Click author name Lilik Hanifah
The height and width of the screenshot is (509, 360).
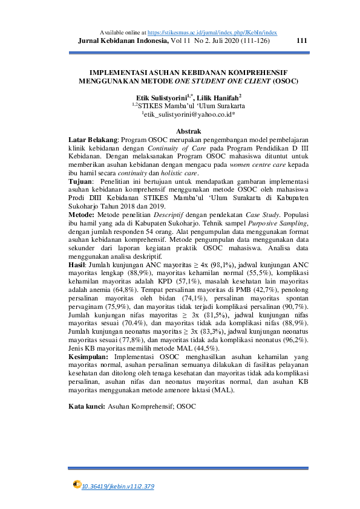(x=218, y=96)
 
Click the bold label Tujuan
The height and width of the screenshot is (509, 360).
(x=80, y=181)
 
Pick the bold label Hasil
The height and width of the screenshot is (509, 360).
(x=77, y=264)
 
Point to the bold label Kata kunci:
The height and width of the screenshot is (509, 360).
(x=87, y=406)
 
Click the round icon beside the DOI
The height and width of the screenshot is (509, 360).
(x=77, y=484)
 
